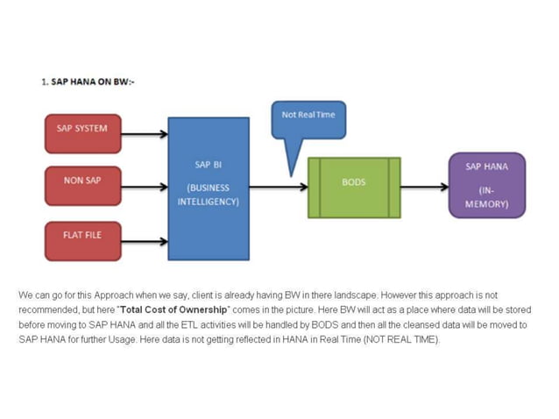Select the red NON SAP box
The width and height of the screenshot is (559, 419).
pos(82,184)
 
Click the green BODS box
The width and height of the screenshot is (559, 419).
pos(353,187)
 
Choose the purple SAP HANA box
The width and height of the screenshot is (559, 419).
pos(486,185)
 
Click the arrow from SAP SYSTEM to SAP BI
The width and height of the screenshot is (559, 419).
pos(144,134)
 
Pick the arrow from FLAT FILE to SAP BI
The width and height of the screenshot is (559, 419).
pos(144,241)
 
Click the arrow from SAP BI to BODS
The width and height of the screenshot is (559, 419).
pos(278,187)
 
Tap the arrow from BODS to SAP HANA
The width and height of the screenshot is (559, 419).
pos(424,187)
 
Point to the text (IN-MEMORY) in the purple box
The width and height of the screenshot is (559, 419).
pos(485,197)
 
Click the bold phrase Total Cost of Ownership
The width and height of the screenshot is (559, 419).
pos(178,310)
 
